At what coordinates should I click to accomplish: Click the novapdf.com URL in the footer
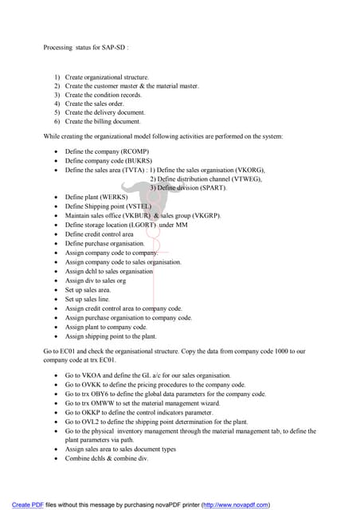(x=236, y=504)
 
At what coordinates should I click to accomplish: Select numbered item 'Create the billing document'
(x=103, y=122)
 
